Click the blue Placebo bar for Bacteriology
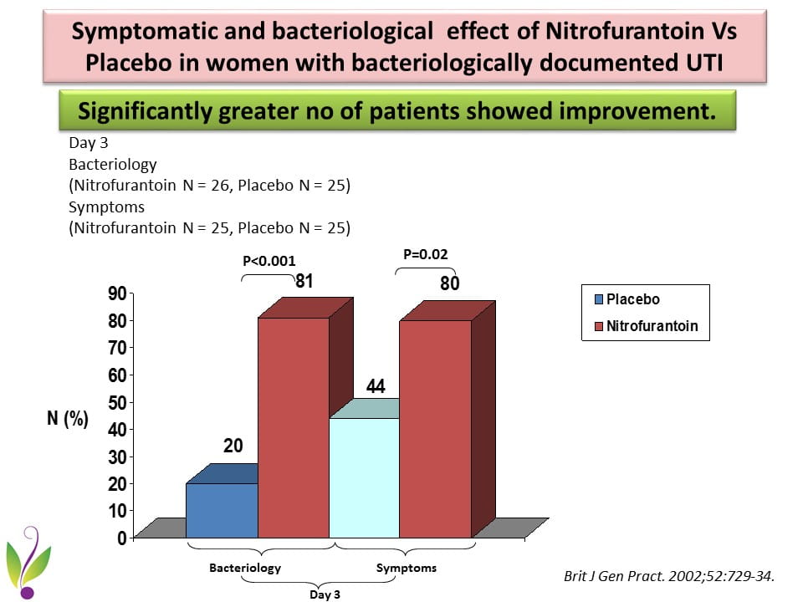pyautogui.click(x=221, y=510)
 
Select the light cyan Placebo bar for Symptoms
pyautogui.click(x=364, y=477)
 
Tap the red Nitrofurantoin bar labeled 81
pyautogui.click(x=293, y=426)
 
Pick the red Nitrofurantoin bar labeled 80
pyautogui.click(x=435, y=427)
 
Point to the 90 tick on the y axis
pyautogui.click(x=115, y=293)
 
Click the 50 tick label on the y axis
pyautogui.click(x=115, y=402)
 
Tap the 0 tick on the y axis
pyautogui.click(x=120, y=538)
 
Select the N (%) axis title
pyautogui.click(x=67, y=419)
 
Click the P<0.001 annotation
pyautogui.click(x=269, y=261)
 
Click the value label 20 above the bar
pyautogui.click(x=233, y=446)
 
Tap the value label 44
pyautogui.click(x=375, y=386)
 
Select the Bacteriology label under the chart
pyautogui.click(x=245, y=568)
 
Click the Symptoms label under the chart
pyautogui.click(x=406, y=568)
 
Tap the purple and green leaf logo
pyautogui.click(x=28, y=562)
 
